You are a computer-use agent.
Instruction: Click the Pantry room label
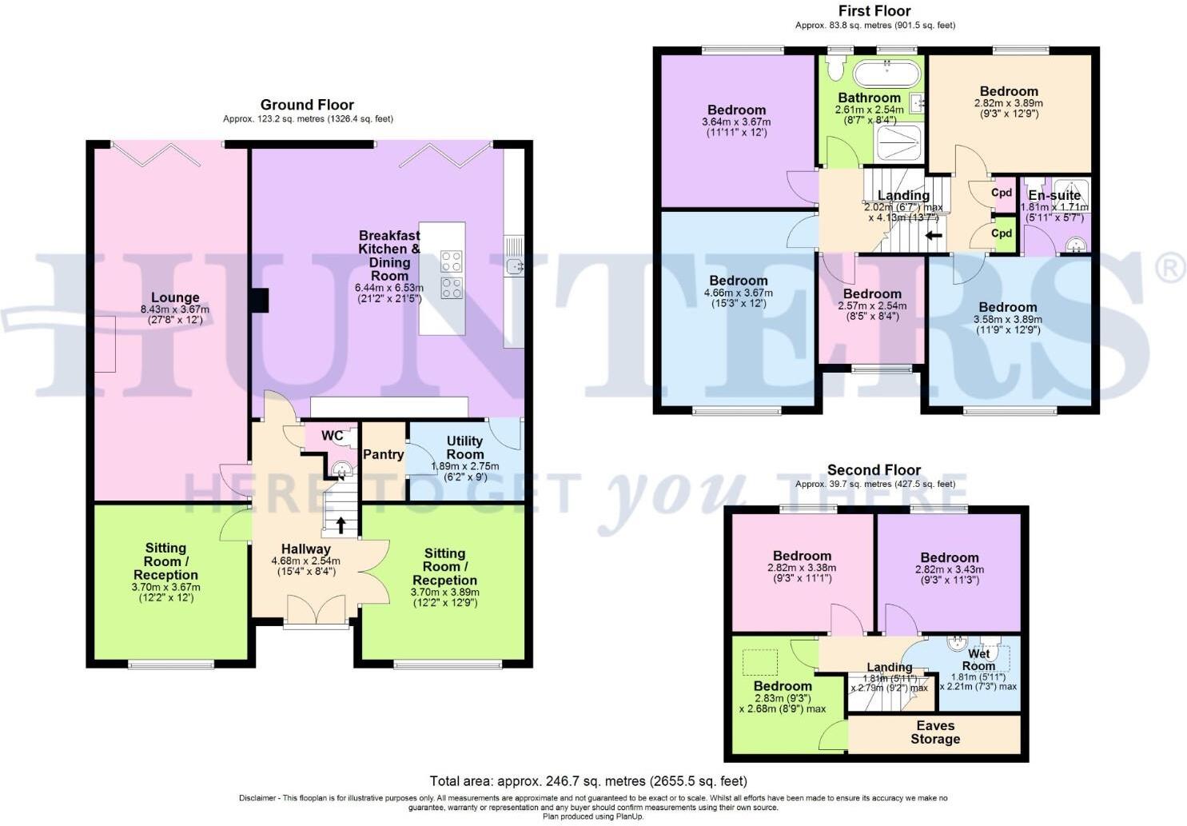[383, 454]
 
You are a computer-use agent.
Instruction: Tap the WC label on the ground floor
[333, 436]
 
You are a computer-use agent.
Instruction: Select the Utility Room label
[464, 447]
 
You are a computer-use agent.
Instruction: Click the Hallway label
[305, 549]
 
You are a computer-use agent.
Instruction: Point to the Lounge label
[175, 297]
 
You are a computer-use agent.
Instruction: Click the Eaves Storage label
[935, 732]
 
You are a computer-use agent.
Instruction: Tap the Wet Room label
[978, 660]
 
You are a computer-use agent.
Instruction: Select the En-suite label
[1054, 195]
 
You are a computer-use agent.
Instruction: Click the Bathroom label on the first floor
[869, 98]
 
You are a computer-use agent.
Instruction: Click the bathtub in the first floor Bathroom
[885, 75]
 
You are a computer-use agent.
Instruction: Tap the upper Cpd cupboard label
[1002, 193]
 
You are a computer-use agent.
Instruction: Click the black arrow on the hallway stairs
[341, 525]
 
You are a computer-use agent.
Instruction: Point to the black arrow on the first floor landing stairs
[933, 236]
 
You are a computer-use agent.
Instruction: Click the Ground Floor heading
[307, 105]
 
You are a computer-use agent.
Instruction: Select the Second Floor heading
[874, 470]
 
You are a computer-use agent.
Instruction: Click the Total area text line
[588, 780]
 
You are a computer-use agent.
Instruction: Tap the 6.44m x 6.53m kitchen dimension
[389, 288]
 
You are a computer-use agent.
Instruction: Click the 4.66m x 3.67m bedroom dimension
[738, 293]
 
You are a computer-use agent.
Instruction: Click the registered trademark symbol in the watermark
[1171, 269]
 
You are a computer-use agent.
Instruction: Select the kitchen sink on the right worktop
[514, 265]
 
